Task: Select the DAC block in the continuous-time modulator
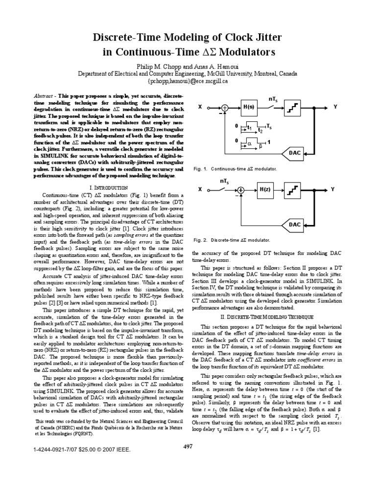pos(295,153)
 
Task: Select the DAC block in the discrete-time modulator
pos(295,224)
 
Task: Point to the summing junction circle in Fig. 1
pos(225,107)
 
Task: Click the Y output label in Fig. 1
pos(335,106)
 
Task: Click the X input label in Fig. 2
pos(200,189)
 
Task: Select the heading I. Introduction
pos(109,188)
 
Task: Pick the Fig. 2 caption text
pos(232,240)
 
